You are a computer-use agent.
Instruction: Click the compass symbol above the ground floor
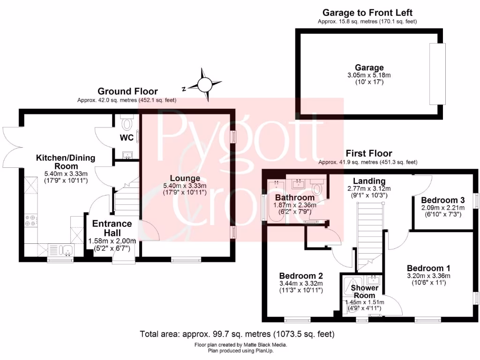tap(205, 84)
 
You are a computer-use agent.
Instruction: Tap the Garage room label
tap(369, 67)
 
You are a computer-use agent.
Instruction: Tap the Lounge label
tap(185, 178)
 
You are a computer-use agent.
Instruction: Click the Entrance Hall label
tap(112, 228)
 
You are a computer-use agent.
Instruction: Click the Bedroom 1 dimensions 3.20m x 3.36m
tap(428, 276)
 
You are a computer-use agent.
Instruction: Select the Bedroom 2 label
tap(301, 276)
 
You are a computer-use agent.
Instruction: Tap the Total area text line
tap(237, 334)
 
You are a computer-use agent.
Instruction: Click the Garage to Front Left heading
tap(367, 13)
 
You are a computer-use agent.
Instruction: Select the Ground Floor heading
tap(127, 91)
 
